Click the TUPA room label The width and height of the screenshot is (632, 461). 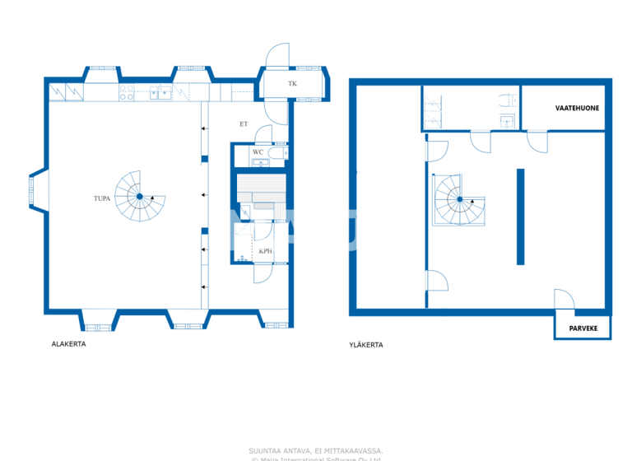coord(102,199)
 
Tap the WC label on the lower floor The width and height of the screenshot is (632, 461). coord(258,152)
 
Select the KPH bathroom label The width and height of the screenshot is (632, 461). coord(265,251)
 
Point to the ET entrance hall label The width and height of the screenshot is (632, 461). coord(244,124)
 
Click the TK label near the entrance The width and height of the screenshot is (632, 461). coord(292,85)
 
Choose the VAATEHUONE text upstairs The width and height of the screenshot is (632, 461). coord(576,108)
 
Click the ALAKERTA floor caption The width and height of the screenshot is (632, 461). coord(68,344)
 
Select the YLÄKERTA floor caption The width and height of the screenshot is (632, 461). coord(365,345)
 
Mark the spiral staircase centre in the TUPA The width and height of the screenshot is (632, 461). coord(139,197)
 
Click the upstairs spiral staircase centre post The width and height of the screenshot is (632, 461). coord(459,200)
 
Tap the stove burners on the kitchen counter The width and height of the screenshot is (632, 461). coord(127,94)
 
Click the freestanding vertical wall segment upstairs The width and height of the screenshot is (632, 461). coord(520,217)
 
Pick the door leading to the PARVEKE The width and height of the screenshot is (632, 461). coord(565,300)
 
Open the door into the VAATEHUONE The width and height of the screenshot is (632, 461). coord(537,141)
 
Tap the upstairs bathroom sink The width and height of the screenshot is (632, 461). coord(508,122)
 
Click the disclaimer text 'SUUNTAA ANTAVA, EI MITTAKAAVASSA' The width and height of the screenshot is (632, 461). coord(315,450)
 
